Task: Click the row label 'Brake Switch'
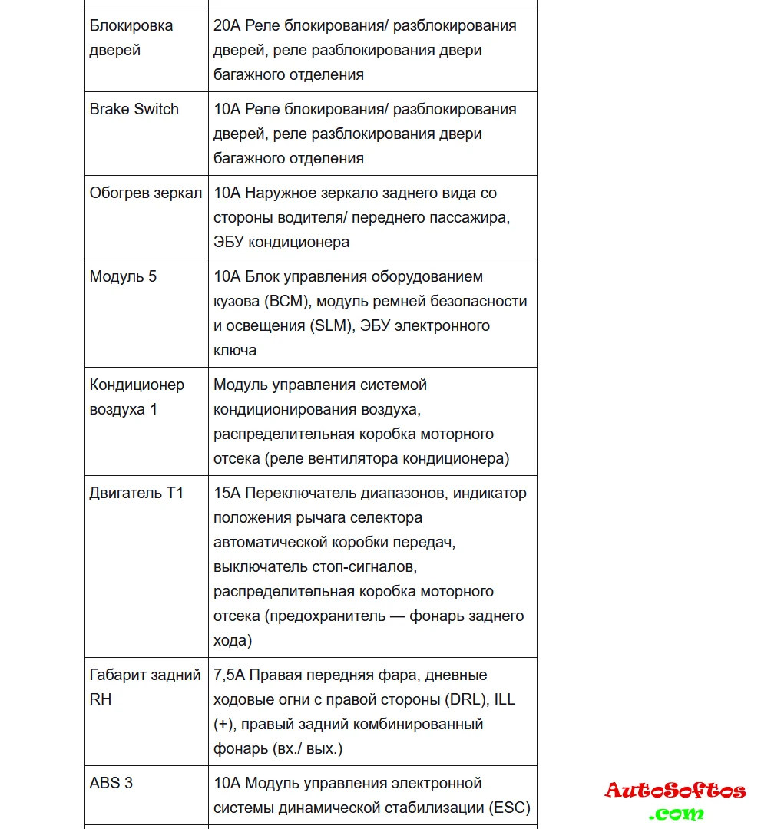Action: click(x=134, y=109)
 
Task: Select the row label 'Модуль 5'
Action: click(x=123, y=276)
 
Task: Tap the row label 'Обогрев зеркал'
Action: click(x=146, y=193)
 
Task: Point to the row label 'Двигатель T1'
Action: click(x=137, y=493)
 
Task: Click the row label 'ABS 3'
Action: click(x=111, y=783)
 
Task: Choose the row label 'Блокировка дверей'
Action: click(x=131, y=38)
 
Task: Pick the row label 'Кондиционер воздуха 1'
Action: click(x=137, y=397)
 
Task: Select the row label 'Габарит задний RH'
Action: click(x=145, y=687)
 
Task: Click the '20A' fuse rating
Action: click(x=227, y=25)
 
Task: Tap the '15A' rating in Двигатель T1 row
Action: click(x=227, y=493)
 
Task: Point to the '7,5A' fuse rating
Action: click(x=230, y=675)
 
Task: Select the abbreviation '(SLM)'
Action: click(x=332, y=325)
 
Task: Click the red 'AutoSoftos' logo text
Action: click(x=675, y=791)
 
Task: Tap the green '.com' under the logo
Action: click(x=675, y=813)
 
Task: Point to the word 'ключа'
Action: click(x=235, y=350)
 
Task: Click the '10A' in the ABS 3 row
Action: click(x=227, y=783)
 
